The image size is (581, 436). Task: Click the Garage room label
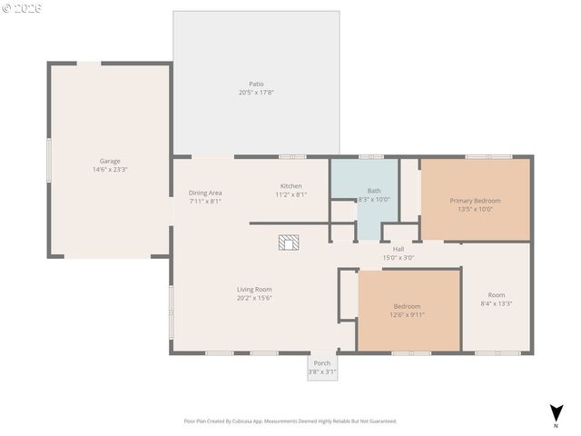point(109,161)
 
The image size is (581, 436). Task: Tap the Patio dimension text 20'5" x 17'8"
point(257,93)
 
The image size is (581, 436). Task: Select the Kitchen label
point(290,186)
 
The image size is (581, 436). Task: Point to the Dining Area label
point(205,193)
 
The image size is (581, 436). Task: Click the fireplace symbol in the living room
point(289,242)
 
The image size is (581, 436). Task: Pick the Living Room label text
point(254,289)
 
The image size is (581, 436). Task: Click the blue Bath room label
point(374,191)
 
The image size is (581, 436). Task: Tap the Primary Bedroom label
point(475,201)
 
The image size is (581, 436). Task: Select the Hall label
point(399,249)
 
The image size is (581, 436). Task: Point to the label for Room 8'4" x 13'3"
point(496,294)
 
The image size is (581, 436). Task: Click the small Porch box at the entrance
point(321,366)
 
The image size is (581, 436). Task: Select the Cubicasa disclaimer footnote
point(290,421)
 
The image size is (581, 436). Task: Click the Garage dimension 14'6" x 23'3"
point(109,170)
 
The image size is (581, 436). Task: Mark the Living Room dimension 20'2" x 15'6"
point(254,298)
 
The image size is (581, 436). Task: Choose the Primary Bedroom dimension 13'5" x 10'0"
point(475,210)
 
